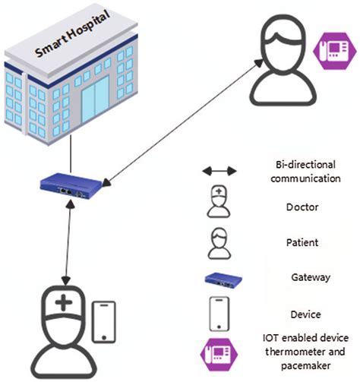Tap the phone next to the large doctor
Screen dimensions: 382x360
[105, 324]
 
